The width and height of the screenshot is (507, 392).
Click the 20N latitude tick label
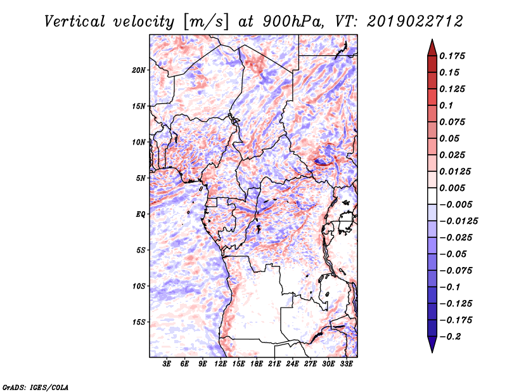pos(139,70)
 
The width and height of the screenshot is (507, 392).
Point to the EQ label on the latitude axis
pos(141,214)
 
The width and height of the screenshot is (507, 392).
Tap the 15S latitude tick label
pos(139,322)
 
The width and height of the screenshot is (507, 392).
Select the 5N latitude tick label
pos(141,178)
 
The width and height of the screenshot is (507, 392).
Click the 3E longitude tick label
pos(167,364)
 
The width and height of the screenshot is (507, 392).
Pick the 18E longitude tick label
pos(257,364)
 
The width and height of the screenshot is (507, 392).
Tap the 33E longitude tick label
pos(346,364)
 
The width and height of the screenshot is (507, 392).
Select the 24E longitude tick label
pos(292,364)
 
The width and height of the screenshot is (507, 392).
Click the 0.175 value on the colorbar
pos(452,56)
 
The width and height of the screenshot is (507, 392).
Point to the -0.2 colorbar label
pos(450,337)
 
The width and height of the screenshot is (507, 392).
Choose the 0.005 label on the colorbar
pos(452,188)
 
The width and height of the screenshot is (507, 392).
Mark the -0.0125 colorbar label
pos(458,221)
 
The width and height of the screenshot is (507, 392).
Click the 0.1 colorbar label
pos(446,105)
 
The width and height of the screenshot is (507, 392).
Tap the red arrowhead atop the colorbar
pos(432,48)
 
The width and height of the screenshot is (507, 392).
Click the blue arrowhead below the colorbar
pos(432,344)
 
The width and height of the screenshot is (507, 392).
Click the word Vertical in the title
pos(75,22)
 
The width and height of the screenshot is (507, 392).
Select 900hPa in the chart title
pos(293,22)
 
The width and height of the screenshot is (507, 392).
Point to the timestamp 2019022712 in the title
pos(414,22)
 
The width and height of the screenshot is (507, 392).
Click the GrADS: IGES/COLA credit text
pos(35,388)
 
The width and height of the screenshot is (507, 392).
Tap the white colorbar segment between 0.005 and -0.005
pos(432,196)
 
